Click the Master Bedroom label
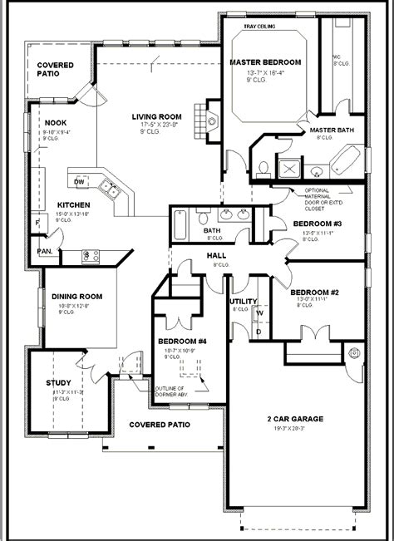[x=264, y=61]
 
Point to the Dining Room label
[x=76, y=296]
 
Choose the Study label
[x=58, y=382]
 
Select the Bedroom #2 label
[x=312, y=293]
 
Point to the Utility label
[x=244, y=302]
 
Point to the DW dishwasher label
[x=80, y=181]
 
